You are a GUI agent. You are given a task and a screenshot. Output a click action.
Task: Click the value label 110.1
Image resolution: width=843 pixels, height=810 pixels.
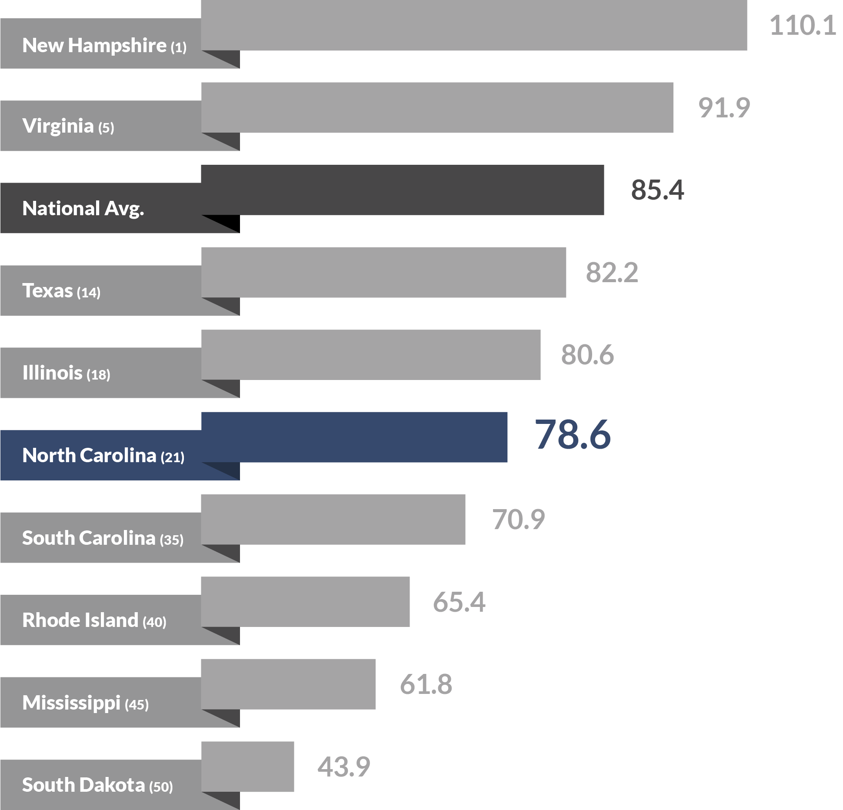803,26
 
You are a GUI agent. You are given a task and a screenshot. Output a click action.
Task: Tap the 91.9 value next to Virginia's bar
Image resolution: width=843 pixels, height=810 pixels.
724,108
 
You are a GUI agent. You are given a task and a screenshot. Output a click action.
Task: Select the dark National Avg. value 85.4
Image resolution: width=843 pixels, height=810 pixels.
657,190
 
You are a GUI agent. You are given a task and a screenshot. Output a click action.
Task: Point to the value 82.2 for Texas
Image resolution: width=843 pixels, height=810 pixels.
612,273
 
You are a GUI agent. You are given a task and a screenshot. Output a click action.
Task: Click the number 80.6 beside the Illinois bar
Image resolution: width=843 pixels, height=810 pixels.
587,355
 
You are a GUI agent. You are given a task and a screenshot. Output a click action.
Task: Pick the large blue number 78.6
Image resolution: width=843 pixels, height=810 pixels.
573,434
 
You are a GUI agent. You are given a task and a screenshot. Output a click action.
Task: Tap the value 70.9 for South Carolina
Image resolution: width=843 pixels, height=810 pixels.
518,520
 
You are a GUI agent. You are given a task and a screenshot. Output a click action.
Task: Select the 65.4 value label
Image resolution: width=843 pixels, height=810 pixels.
459,602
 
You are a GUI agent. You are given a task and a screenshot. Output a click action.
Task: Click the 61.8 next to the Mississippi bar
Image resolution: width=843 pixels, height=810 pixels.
426,684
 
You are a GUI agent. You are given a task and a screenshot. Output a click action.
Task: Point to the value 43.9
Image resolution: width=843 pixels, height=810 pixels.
343,767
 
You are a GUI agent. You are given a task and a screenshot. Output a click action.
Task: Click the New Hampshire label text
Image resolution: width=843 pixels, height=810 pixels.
94,46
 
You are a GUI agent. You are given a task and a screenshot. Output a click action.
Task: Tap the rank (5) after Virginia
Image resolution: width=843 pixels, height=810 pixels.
106,128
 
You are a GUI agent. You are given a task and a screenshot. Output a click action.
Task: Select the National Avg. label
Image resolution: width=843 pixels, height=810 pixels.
83,209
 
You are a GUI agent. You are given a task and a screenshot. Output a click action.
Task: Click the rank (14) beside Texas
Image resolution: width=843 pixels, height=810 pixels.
89,293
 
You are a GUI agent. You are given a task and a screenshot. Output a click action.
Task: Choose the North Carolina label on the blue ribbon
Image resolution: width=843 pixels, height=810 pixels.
89,456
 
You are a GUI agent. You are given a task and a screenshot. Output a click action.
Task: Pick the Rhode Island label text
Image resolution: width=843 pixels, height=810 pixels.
80,620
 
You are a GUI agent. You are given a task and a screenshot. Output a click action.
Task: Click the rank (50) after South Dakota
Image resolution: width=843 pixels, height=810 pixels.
161,787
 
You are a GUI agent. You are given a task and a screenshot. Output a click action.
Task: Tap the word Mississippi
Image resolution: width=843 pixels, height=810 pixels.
71,703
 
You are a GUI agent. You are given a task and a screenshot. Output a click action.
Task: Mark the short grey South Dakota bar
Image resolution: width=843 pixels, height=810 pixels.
247,767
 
